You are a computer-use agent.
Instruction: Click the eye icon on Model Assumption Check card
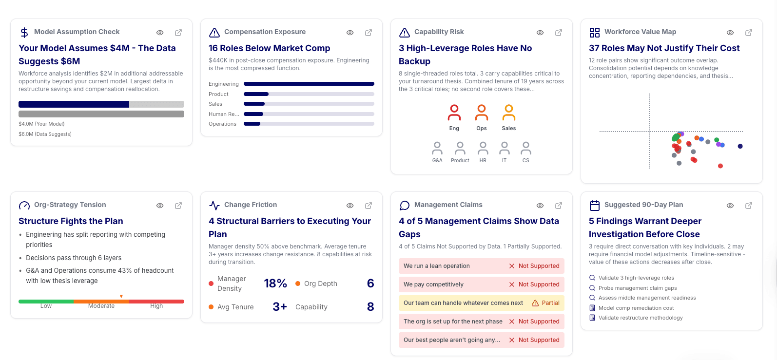(159, 33)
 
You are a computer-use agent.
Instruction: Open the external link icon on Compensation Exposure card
(369, 33)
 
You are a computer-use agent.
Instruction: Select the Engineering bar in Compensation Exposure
(309, 84)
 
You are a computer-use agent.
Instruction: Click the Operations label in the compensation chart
(222, 124)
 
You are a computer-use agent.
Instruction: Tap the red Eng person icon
(454, 113)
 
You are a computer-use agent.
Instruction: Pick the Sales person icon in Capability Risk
(508, 113)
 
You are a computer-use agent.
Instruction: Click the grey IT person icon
(505, 148)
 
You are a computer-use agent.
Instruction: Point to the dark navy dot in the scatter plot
(740, 146)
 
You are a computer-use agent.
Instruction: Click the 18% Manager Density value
(275, 284)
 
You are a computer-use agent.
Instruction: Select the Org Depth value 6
(370, 284)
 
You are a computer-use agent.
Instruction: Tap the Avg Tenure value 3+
(279, 307)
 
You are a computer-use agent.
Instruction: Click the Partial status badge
(545, 303)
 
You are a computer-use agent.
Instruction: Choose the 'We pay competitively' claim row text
(433, 284)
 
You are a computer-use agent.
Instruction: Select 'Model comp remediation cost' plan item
(636, 308)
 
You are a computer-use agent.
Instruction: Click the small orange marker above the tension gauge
(121, 296)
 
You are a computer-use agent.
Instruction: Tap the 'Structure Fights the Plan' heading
(71, 221)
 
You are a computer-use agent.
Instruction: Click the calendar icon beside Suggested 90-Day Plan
(594, 205)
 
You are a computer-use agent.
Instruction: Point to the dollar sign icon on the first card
(24, 33)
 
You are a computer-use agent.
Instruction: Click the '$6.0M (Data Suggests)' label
(45, 134)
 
